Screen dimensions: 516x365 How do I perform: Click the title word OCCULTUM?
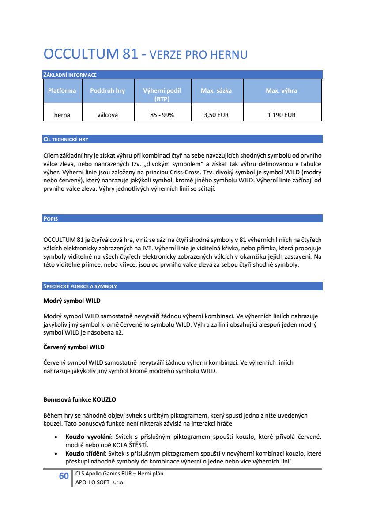coord(81,55)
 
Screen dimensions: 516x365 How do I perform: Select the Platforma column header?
coord(62,90)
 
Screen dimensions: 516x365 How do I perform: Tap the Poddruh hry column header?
coord(107,90)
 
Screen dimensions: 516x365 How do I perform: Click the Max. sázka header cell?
coord(216,90)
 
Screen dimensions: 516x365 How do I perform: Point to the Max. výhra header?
coord(281,90)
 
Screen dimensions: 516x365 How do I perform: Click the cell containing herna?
coord(62,115)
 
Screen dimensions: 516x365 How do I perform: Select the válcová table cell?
coord(107,115)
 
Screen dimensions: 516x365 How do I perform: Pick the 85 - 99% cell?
coord(162,115)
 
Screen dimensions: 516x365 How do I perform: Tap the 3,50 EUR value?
coord(216,115)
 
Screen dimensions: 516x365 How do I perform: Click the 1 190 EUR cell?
coord(281,115)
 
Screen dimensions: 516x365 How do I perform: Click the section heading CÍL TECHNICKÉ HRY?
coord(65,139)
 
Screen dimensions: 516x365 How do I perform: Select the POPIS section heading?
coord(51,219)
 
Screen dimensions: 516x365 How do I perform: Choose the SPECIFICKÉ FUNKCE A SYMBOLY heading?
coord(80,286)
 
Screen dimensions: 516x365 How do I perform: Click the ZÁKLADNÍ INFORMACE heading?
coord(70,75)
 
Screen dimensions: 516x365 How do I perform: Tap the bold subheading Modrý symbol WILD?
coord(72,301)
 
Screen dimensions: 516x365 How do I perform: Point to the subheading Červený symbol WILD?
coord(74,347)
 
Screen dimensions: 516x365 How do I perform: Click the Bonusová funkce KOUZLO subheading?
coord(79,399)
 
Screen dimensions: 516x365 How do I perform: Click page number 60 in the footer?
coord(64,476)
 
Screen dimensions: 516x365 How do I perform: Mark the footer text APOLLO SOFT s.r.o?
coord(100,482)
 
